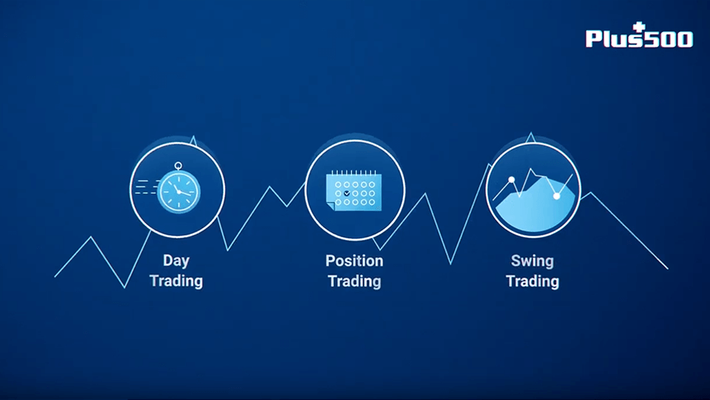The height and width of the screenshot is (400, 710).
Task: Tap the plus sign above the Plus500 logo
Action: (639, 27)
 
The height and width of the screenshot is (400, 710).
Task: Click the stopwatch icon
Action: (178, 187)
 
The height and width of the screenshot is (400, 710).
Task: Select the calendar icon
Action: (354, 190)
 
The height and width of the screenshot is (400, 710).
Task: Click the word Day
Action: (176, 261)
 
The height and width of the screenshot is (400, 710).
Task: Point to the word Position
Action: (354, 261)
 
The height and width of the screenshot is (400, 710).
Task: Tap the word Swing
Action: (532, 261)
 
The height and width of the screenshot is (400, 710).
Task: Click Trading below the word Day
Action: (176, 281)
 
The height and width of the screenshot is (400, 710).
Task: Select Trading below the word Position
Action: (354, 281)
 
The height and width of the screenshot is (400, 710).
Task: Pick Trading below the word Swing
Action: (532, 281)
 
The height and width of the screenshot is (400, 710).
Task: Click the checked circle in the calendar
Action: (347, 193)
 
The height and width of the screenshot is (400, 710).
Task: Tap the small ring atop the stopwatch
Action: (178, 166)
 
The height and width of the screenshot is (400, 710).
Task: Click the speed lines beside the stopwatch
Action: (146, 187)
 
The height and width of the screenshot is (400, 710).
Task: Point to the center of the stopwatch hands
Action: (179, 192)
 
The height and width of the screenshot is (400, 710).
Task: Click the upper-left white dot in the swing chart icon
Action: (512, 179)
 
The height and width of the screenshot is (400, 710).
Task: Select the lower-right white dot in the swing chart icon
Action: (557, 196)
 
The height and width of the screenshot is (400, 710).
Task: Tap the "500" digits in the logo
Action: (669, 39)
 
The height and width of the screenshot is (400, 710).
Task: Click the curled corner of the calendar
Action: (330, 207)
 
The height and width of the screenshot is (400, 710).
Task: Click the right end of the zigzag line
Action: (668, 268)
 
